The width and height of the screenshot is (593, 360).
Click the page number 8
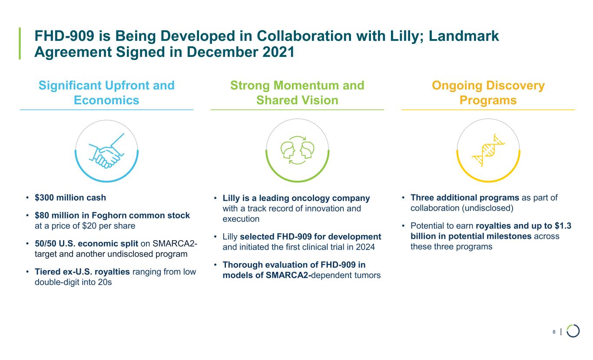coord(554,332)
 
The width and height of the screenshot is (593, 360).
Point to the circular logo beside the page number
coord(573,331)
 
